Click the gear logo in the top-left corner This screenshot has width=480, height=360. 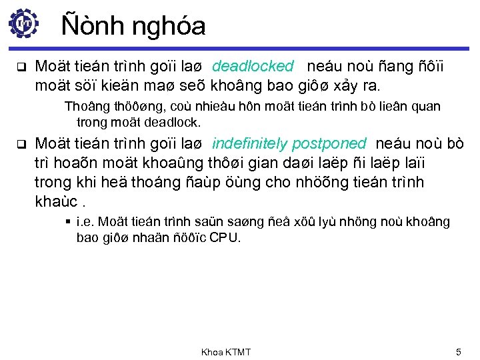[x=24, y=23]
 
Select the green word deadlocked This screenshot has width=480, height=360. [x=253, y=66]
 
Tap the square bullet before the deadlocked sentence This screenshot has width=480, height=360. [x=20, y=67]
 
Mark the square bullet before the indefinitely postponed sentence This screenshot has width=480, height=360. [x=20, y=144]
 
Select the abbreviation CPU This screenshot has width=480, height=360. [x=225, y=237]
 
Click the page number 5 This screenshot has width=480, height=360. [x=458, y=351]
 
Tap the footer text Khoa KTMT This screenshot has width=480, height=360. [x=226, y=351]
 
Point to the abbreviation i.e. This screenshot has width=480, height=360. [x=85, y=222]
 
